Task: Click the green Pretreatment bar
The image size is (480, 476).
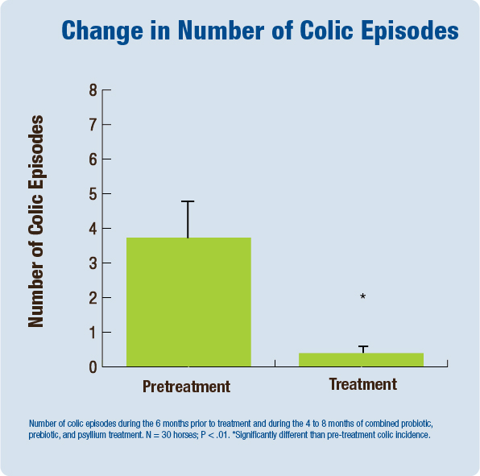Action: coord(188,302)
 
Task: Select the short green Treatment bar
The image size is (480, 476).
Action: coord(361,359)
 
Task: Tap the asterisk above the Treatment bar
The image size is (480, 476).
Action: coord(362,297)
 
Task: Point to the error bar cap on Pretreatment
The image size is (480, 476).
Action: coord(188,201)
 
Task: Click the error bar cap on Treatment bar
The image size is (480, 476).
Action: coord(362,346)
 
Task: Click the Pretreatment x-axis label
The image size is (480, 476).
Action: coord(186,387)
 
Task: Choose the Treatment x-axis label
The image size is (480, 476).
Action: coord(362,385)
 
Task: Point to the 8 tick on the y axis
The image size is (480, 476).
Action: coord(93,90)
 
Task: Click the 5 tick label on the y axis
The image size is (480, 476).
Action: coord(93,194)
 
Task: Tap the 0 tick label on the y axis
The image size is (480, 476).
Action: coord(93,366)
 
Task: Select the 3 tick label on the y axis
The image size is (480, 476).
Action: coord(93,263)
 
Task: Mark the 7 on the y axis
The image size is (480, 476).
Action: coord(93,125)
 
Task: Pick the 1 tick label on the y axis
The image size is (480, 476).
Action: coord(93,332)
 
